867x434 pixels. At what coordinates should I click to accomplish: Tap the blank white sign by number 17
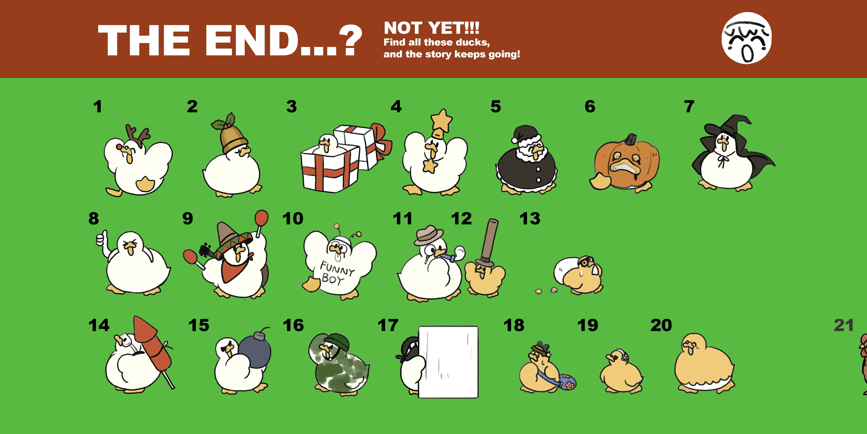pos(448,362)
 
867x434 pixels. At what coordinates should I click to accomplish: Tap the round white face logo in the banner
pos(747,38)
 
